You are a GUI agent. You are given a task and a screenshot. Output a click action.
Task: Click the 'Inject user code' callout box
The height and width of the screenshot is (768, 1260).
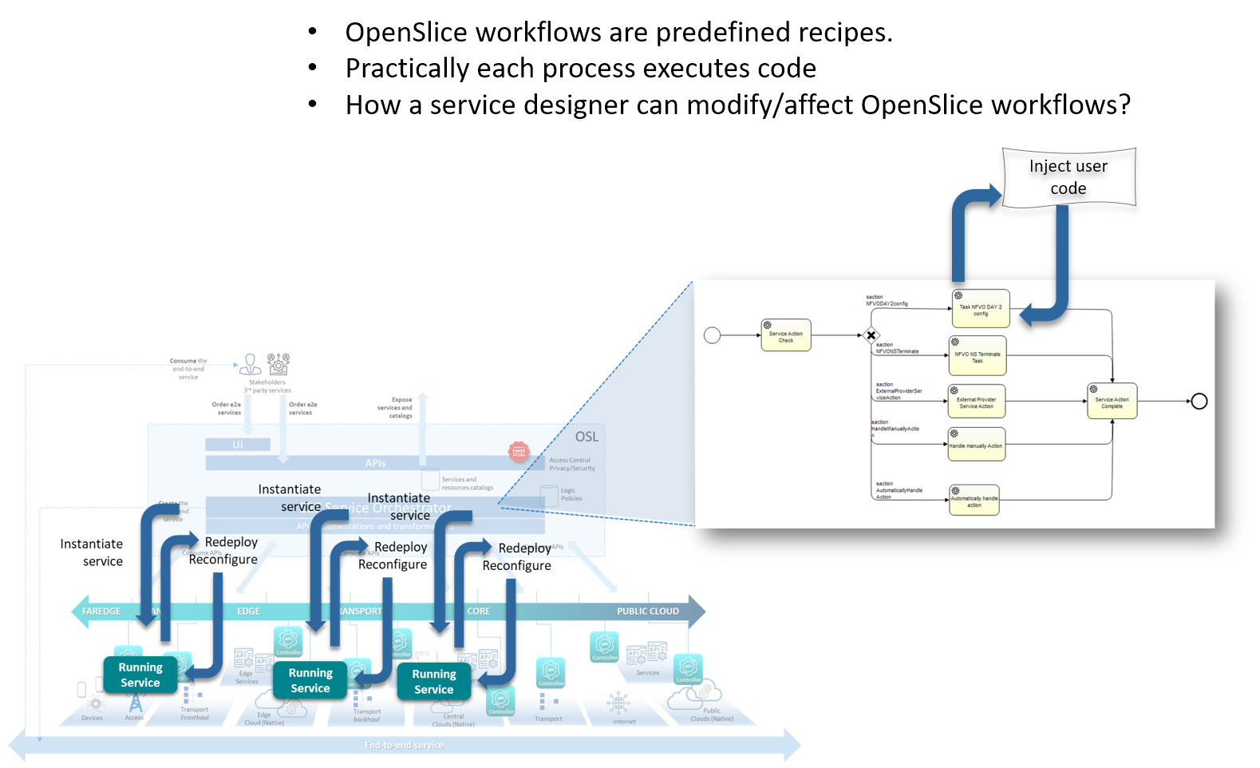(x=1068, y=177)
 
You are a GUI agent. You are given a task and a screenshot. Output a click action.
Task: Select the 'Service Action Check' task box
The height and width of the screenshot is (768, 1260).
(x=786, y=336)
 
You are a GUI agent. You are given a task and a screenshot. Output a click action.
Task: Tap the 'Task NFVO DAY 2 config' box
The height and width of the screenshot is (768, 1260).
(x=981, y=310)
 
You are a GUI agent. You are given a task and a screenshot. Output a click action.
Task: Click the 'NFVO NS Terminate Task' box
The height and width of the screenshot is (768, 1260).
(x=978, y=357)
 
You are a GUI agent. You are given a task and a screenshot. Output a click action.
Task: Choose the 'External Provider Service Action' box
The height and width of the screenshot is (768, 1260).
(x=977, y=402)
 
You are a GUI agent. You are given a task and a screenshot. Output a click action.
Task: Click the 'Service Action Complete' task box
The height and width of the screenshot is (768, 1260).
(x=1112, y=402)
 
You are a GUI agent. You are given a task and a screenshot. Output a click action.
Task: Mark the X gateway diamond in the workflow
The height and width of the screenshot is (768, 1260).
(x=871, y=335)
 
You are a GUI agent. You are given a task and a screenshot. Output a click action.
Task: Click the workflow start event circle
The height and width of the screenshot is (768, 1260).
(x=713, y=335)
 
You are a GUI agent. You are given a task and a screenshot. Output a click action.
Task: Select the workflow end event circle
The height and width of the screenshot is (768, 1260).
(x=1199, y=402)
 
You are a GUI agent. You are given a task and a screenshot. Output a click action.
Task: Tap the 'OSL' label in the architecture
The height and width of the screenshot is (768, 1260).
(x=587, y=437)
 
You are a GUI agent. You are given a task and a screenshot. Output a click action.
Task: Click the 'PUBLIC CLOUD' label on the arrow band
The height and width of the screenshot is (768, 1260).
(x=647, y=612)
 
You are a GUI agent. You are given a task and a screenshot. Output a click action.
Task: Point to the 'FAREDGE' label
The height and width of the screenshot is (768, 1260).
(x=101, y=612)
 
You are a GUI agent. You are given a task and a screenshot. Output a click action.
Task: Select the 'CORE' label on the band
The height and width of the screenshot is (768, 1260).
(x=479, y=612)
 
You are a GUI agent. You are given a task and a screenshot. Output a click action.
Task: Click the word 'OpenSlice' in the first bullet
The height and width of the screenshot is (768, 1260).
(x=407, y=33)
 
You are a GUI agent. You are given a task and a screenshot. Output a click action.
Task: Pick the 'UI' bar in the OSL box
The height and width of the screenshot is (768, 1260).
(x=238, y=445)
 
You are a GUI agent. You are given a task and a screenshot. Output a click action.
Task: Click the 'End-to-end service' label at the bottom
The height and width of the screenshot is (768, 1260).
(x=404, y=746)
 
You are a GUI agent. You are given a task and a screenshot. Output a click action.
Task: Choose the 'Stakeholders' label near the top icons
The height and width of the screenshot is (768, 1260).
(x=267, y=382)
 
